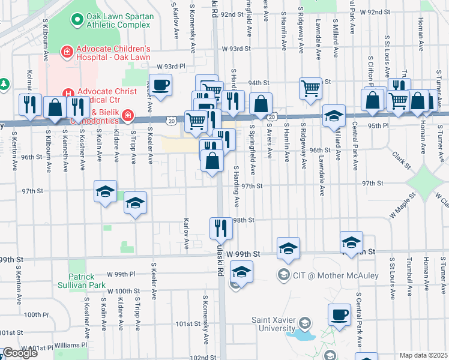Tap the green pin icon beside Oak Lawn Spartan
click(x=76, y=20)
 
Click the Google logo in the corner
click(x=19, y=353)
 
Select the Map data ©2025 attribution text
click(x=424, y=356)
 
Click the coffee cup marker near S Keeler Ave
click(x=160, y=85)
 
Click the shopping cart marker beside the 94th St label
click(x=310, y=88)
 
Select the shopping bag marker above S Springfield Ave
click(x=261, y=103)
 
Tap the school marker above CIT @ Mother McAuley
click(x=288, y=248)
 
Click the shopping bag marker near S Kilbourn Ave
click(x=55, y=109)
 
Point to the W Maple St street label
click(x=402, y=205)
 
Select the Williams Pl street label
click(x=70, y=345)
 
